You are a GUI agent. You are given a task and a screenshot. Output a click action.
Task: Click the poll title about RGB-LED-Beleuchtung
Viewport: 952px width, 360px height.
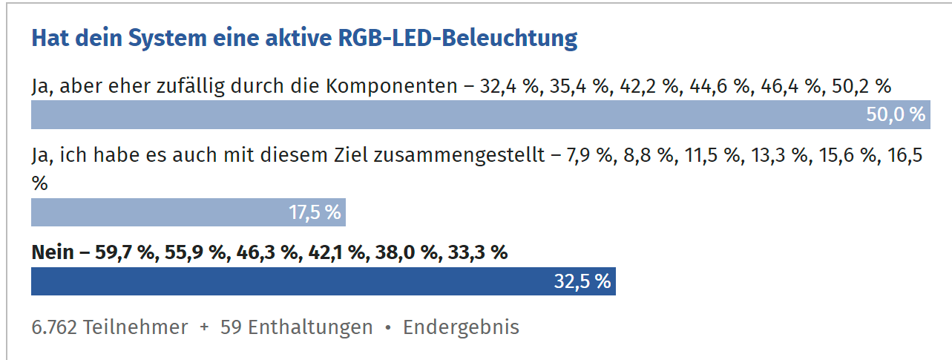pyautogui.click(x=304, y=39)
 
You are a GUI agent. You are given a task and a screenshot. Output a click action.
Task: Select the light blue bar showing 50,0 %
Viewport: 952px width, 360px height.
pyautogui.click(x=445, y=115)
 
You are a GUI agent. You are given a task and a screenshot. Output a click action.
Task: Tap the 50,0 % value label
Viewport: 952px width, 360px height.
pyautogui.click(x=896, y=115)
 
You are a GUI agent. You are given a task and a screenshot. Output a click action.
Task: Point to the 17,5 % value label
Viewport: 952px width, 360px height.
pyautogui.click(x=315, y=212)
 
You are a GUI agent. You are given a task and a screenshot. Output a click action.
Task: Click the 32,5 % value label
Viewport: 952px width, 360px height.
pyautogui.click(x=582, y=281)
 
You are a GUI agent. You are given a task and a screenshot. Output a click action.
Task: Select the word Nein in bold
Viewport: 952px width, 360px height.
pyautogui.click(x=52, y=252)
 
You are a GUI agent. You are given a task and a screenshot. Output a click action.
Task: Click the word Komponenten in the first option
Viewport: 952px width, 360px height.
pyautogui.click(x=391, y=86)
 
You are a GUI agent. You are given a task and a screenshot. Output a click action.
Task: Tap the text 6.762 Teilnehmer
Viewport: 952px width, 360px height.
pyautogui.click(x=110, y=327)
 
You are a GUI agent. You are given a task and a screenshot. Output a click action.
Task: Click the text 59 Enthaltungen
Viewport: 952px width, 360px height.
pyautogui.click(x=297, y=327)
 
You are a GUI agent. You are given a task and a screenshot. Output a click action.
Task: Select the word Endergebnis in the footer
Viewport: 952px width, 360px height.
pyautogui.click(x=461, y=327)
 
